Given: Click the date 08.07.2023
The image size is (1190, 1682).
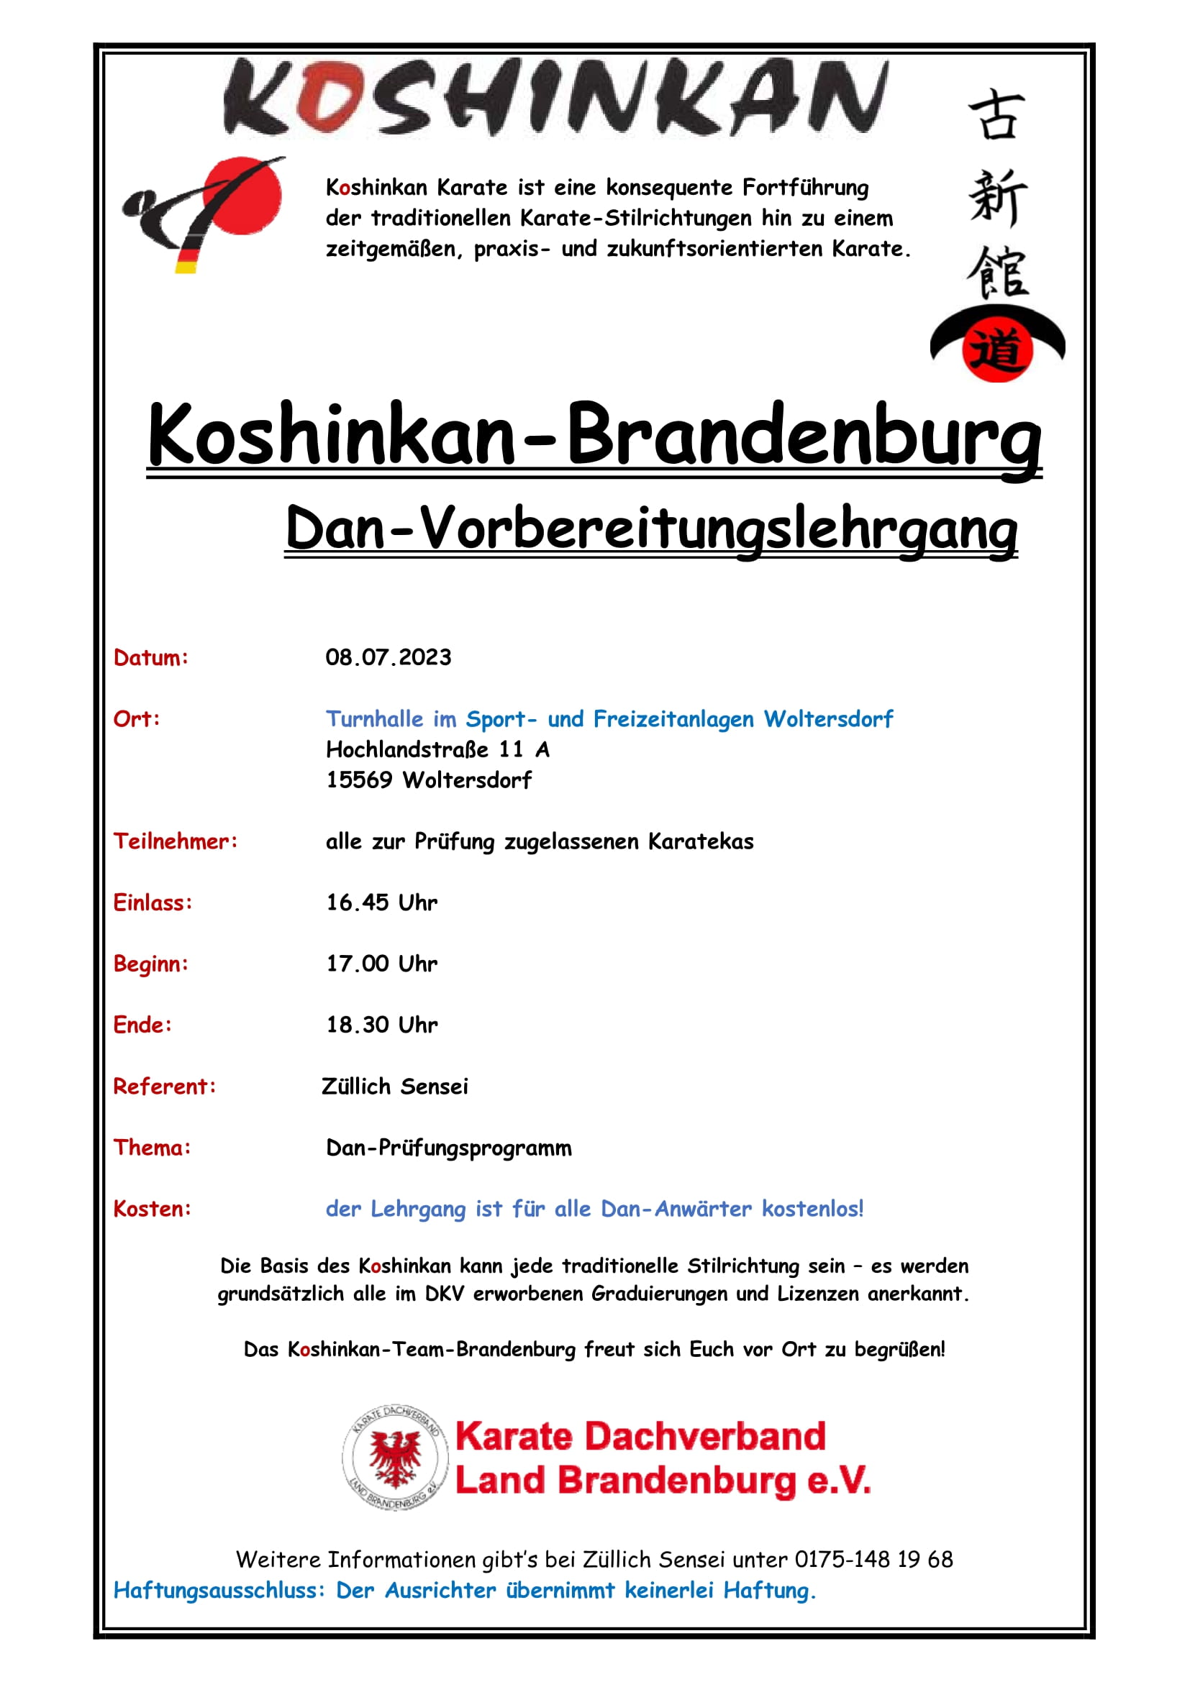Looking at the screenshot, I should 388,657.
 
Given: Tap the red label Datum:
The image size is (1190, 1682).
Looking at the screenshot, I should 151,658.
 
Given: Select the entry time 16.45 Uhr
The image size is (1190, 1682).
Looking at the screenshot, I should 381,902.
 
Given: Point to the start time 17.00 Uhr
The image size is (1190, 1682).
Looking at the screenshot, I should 381,964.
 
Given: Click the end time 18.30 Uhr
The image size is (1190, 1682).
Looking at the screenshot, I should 381,1025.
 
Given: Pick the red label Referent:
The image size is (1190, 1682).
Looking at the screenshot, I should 165,1087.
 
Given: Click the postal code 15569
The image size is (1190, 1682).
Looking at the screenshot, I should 359,780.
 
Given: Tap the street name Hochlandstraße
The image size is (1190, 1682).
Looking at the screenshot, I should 406,749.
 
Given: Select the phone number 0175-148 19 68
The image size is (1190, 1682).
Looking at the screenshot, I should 873,1560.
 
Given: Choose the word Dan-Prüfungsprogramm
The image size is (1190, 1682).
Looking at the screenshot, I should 448,1148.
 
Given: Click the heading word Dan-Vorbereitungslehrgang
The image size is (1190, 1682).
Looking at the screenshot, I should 650,529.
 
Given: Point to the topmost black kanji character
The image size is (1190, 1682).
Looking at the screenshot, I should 996,115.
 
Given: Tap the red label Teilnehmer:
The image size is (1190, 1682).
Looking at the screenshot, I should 175,841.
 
